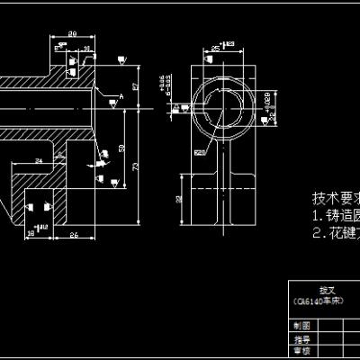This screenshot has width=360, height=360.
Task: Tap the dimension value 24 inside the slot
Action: click(39, 160)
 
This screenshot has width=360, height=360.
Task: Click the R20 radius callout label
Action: click(200, 152)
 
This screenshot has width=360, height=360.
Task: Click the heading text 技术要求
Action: click(334, 198)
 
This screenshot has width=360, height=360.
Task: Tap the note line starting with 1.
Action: click(335, 217)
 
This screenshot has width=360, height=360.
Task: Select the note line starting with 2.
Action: click(335, 233)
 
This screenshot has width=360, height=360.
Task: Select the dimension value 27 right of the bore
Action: click(135, 86)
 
